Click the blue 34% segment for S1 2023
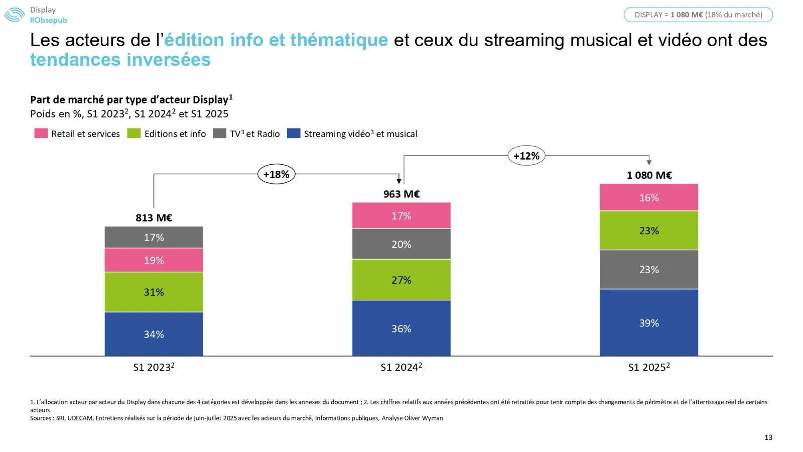154,334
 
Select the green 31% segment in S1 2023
154,292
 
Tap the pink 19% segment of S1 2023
154,260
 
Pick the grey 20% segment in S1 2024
401,244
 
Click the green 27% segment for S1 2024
401,280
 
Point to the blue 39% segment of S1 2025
648,322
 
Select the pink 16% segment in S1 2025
648,197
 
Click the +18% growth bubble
276,174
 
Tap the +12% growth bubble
526,156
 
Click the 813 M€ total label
154,217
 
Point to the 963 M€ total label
401,194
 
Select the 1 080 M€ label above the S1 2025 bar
648,175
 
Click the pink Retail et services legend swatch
41,134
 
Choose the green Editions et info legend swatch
134,134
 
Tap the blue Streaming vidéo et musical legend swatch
294,134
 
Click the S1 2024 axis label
401,367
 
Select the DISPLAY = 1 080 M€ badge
698,15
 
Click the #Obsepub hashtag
48,20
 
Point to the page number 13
768,437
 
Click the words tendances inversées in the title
120,60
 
